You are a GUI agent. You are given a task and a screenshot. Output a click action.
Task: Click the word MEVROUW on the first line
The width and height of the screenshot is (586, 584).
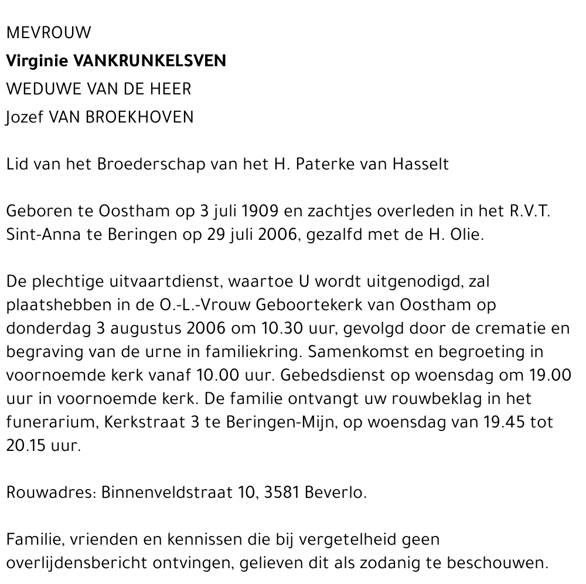tap(49, 33)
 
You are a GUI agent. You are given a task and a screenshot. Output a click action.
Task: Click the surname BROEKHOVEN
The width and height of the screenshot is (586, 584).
tap(139, 117)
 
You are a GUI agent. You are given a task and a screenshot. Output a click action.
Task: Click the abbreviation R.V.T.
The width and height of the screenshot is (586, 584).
tap(529, 211)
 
